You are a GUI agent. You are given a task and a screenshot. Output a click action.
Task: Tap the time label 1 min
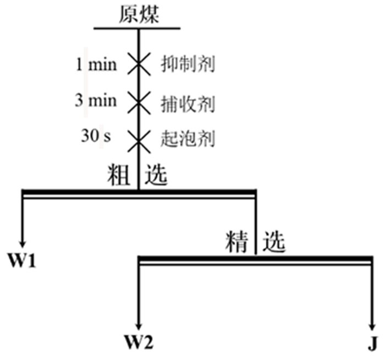tap(96, 64)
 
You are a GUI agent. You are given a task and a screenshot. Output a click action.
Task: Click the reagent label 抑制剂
tap(187, 65)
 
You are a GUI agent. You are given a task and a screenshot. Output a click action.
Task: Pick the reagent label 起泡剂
tap(187, 137)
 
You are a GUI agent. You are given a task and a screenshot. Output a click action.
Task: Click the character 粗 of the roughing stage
tap(119, 176)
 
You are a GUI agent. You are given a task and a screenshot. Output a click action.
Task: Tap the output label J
tap(373, 345)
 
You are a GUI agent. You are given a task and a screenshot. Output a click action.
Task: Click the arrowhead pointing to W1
tap(23, 242)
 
